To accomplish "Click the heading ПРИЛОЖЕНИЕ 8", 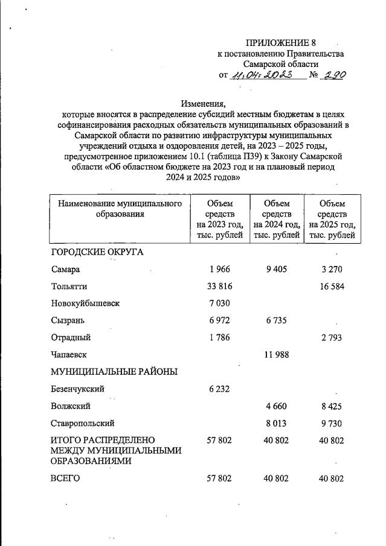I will (281, 43).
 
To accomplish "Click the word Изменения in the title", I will (202, 103).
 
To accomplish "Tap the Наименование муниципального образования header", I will (120, 209).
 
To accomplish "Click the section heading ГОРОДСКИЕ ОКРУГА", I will (97, 252).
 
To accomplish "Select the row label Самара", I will (66, 269).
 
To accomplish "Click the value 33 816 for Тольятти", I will (219, 286).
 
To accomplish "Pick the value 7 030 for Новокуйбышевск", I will (219, 303).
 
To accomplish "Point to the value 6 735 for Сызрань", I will (277, 320).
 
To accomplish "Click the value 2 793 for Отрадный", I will (332, 337).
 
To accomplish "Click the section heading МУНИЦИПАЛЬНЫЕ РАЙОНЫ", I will (114, 372).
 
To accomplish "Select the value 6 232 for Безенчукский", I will (219, 389).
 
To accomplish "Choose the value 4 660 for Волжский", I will (277, 406).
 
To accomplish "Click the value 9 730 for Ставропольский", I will (332, 424).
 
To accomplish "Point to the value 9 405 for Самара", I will (277, 269).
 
